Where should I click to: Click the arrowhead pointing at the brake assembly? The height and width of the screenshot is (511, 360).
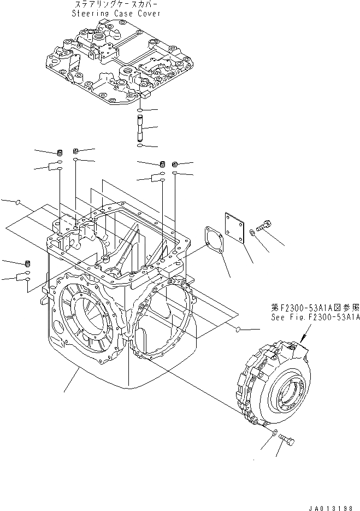point(303,339)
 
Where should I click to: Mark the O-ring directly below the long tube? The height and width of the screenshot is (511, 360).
point(140,146)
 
